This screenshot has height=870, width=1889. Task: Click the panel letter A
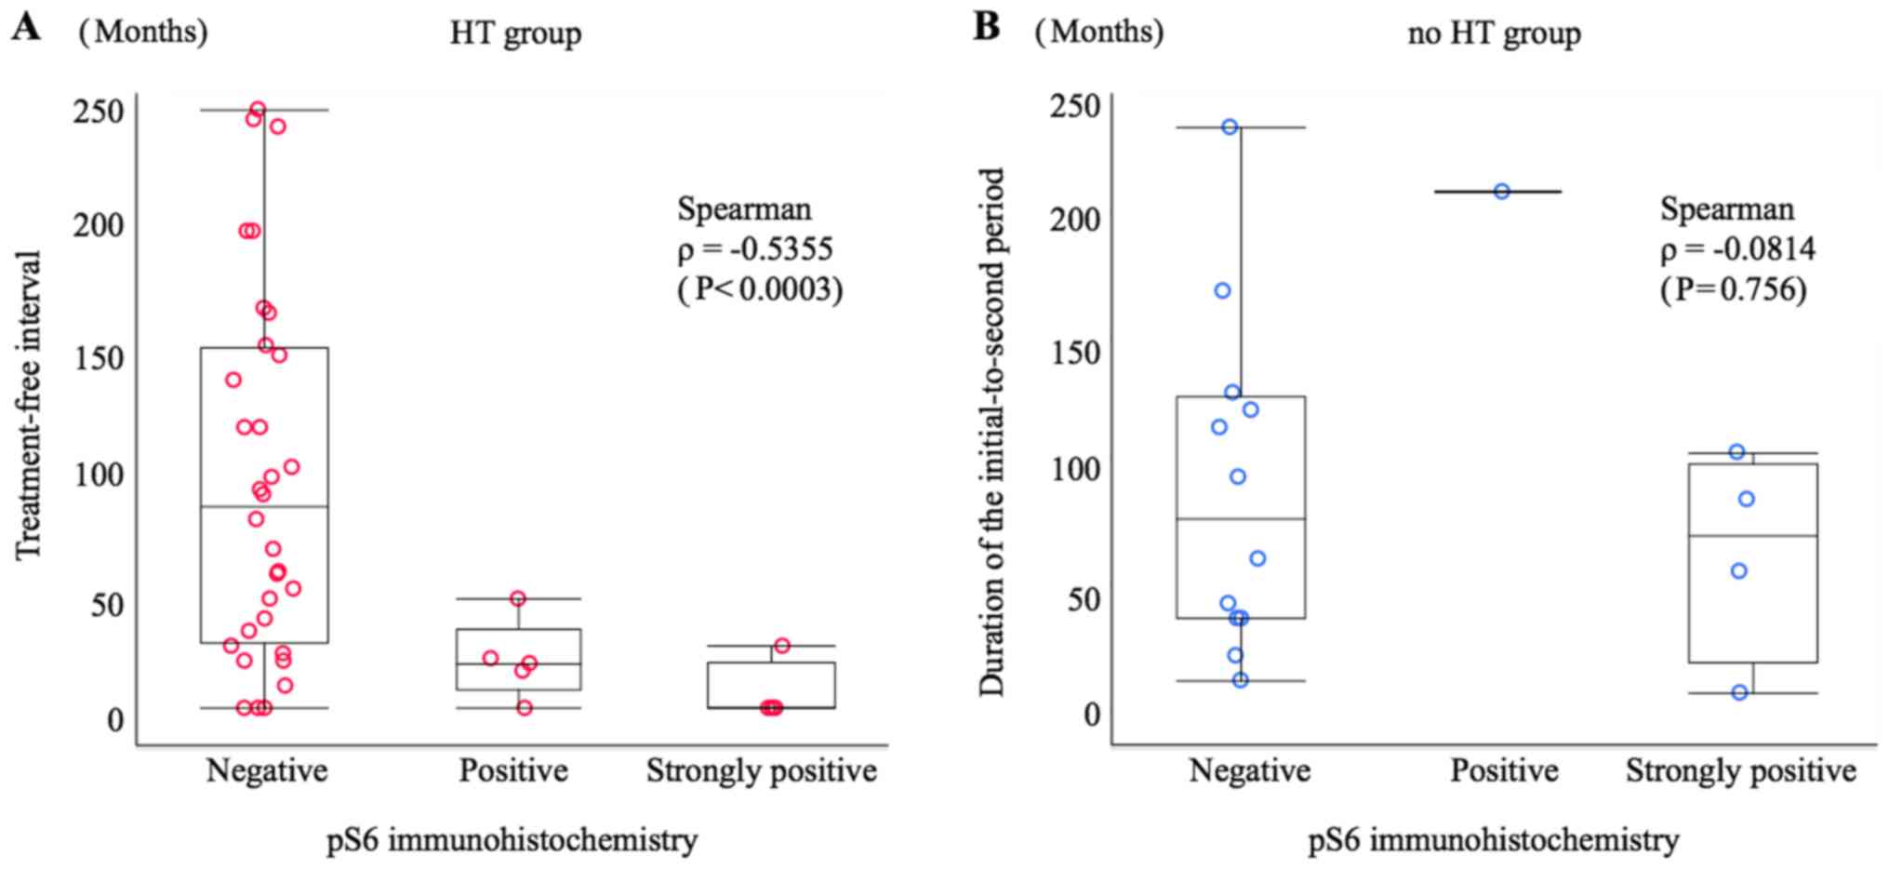26,28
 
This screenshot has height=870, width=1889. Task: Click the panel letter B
987,28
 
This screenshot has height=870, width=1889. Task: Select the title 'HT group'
515,33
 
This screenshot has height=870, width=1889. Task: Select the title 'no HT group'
1494,33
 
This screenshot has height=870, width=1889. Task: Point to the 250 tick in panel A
98,112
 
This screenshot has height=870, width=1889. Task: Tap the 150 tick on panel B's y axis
1074,354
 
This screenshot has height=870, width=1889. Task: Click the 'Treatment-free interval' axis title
30,405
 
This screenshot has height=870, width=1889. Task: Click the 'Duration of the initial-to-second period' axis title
992,432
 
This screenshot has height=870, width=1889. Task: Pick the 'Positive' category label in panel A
512,770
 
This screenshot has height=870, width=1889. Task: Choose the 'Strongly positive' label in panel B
1740,770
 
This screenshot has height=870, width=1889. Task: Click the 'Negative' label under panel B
1249,770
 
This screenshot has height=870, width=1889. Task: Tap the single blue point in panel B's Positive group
1502,192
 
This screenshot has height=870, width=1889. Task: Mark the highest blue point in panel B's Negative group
1230,127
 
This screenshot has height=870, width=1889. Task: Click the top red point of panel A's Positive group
518,598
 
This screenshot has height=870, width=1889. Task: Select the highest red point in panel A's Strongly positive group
782,646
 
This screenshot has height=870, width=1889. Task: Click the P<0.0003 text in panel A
760,290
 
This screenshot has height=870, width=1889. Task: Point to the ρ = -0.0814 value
1737,249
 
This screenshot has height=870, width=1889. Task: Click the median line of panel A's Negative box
264,507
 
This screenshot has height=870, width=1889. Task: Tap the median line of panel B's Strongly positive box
1753,536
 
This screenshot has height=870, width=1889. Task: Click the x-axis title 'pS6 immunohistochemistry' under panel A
512,840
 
